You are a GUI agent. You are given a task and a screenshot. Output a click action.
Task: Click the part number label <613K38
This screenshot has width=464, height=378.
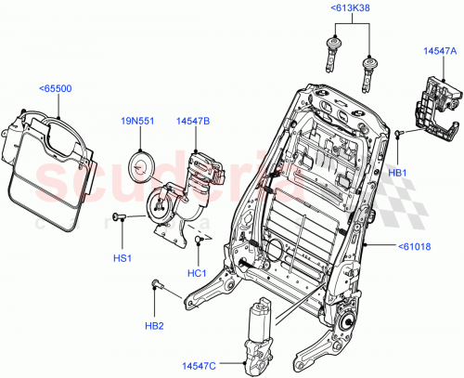point(349,9)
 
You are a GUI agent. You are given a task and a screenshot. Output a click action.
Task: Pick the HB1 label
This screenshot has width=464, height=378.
point(397,173)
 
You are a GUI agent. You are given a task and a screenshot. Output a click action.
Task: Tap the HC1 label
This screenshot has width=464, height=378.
point(197,272)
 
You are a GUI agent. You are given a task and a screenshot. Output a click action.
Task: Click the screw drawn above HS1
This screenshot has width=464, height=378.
point(119,216)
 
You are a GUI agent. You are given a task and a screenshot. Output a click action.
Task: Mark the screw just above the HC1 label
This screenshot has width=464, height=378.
point(199,243)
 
